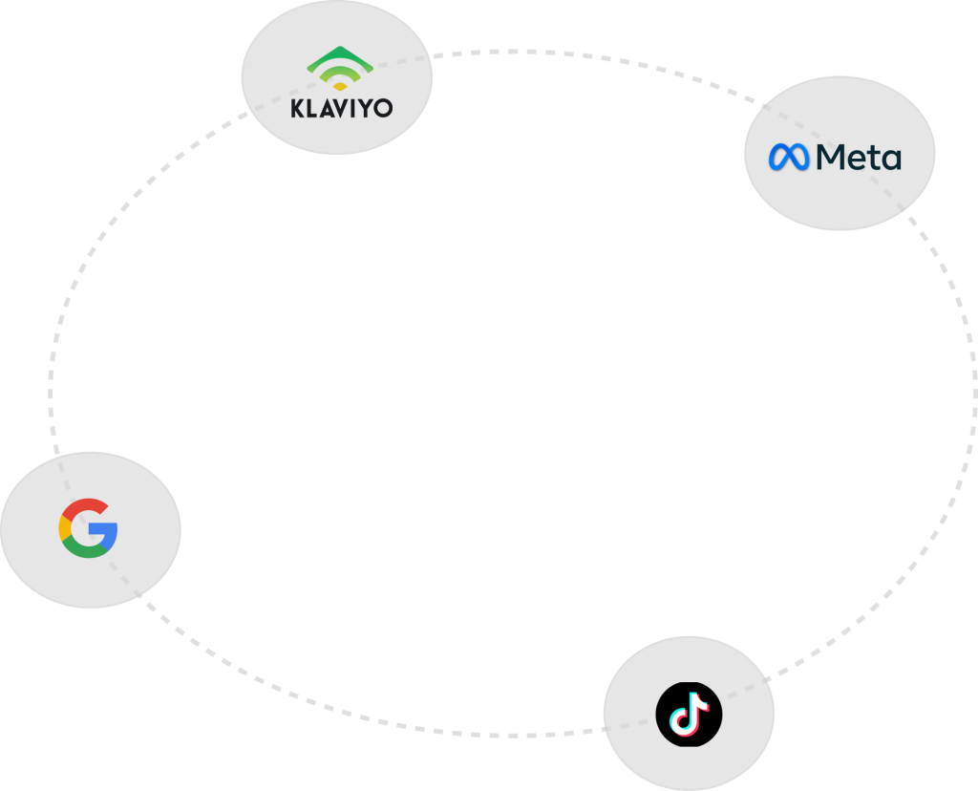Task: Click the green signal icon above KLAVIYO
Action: (x=340, y=67)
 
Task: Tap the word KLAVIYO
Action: (x=341, y=107)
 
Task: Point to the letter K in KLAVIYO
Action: (x=297, y=107)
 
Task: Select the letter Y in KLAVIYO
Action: (x=363, y=107)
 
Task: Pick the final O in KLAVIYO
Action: (x=381, y=107)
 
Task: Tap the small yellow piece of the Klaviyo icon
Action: (x=340, y=86)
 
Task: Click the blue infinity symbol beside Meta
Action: (x=789, y=157)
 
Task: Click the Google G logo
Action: (x=88, y=527)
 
